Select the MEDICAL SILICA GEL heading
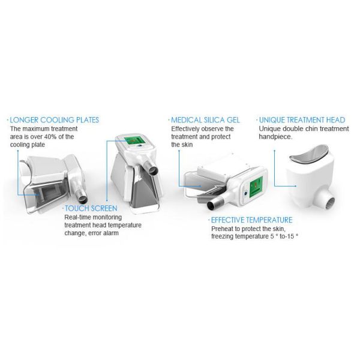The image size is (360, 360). pyautogui.click(x=205, y=120)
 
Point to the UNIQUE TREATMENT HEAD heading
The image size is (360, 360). pyautogui.click(x=302, y=120)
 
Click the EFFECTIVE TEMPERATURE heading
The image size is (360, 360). pyautogui.click(x=251, y=220)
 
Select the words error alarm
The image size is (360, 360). pyautogui.click(x=102, y=233)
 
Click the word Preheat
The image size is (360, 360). pyautogui.click(x=222, y=229)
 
